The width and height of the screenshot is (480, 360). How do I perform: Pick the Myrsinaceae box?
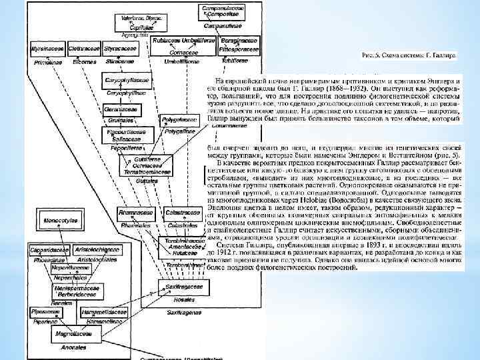(x=47, y=49)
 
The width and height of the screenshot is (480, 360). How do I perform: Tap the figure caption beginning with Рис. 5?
(x=408, y=55)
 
